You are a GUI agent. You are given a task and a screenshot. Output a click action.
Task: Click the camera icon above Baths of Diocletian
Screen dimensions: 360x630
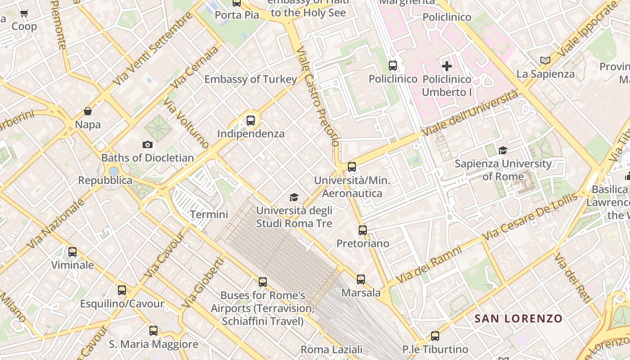tap(147, 144)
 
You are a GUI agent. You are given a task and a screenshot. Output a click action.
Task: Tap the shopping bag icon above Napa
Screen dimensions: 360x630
tap(88, 111)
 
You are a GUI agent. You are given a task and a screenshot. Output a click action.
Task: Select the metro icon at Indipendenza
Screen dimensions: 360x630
tap(251, 121)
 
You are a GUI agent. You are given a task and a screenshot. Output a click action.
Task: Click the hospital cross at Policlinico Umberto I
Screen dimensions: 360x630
tap(447, 66)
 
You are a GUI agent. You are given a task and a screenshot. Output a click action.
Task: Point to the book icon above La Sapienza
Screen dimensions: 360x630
tap(545, 60)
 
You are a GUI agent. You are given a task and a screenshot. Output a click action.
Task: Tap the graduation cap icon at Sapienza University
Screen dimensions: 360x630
tap(503, 150)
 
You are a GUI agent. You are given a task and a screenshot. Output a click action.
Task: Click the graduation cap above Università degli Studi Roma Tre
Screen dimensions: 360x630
tap(294, 197)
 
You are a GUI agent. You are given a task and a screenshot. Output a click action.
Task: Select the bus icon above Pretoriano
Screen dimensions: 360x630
tap(363, 230)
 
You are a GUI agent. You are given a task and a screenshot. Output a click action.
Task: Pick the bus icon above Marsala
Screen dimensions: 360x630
tap(361, 279)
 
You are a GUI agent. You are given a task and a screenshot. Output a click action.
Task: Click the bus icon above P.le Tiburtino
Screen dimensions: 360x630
tap(435, 336)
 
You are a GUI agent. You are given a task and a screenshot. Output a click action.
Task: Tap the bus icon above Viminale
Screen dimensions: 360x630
tap(72, 252)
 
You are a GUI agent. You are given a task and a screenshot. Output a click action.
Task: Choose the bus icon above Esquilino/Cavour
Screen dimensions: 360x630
tap(122, 290)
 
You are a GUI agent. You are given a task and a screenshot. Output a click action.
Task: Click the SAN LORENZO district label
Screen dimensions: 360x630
tap(518, 319)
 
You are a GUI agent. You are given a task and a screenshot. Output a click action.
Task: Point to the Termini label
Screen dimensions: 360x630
tap(209, 215)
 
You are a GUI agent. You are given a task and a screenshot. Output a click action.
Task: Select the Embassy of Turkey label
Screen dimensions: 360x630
tap(251, 80)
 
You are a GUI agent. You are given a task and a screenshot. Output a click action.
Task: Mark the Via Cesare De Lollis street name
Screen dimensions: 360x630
tap(530, 217)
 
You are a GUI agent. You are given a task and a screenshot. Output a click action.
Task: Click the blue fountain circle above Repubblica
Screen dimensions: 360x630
tap(114, 171)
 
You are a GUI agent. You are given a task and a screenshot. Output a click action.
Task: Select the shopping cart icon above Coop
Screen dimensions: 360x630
tap(24, 13)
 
